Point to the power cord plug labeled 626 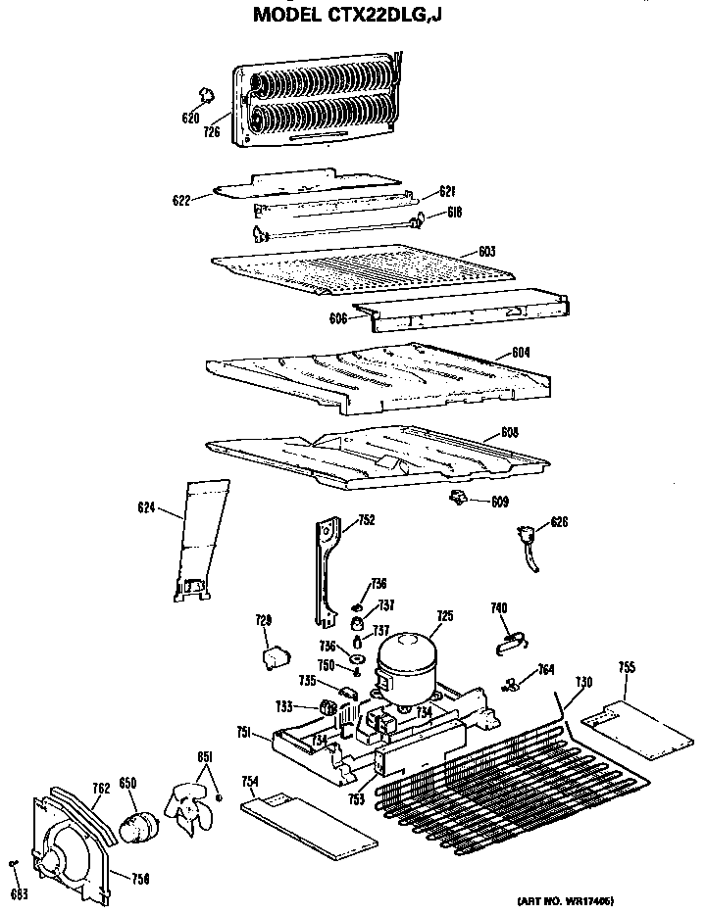[x=528, y=540]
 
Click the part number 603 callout [x=487, y=252]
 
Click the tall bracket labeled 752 [x=325, y=573]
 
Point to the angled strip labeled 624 [x=198, y=539]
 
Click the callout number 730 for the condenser [x=583, y=682]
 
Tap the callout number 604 [x=521, y=352]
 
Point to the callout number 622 [x=179, y=200]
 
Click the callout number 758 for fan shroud [x=140, y=880]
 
